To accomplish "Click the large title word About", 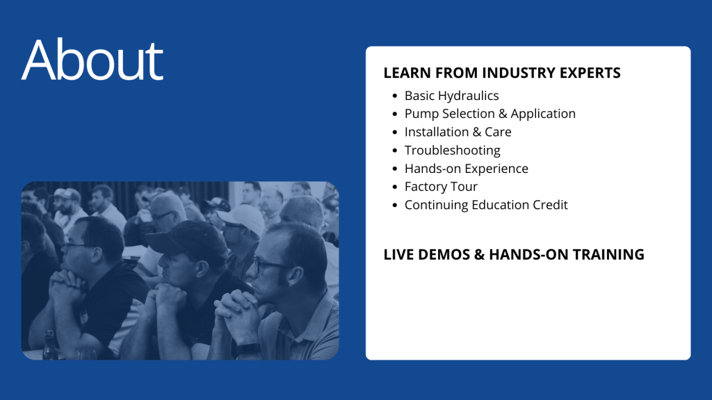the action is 92,60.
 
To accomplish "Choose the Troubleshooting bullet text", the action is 452,150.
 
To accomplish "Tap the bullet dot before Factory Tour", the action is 395,187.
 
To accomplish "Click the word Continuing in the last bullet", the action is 437,205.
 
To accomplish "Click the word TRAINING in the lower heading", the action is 608,254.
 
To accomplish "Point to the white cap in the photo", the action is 241,217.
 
